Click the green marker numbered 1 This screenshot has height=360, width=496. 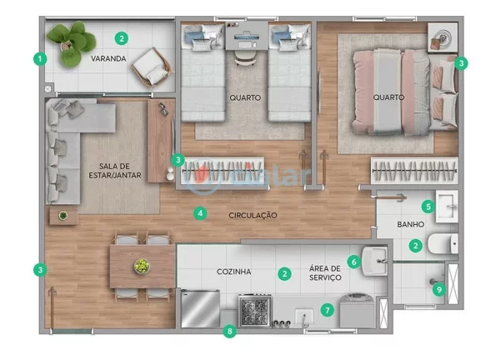pyautogui.click(x=38, y=59)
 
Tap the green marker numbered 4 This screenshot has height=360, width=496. pyautogui.click(x=200, y=213)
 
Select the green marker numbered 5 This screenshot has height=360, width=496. pyautogui.click(x=428, y=206)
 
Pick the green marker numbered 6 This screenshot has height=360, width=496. pyautogui.click(x=353, y=262)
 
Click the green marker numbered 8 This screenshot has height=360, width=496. pyautogui.click(x=231, y=332)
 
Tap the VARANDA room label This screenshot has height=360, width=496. pyautogui.click(x=108, y=59)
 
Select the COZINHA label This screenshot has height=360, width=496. pyautogui.click(x=234, y=272)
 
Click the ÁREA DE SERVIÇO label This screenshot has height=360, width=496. pyautogui.click(x=323, y=272)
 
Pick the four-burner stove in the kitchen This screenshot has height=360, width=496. pyautogui.click(x=254, y=312)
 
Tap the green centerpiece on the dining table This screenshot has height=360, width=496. pyautogui.click(x=142, y=266)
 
